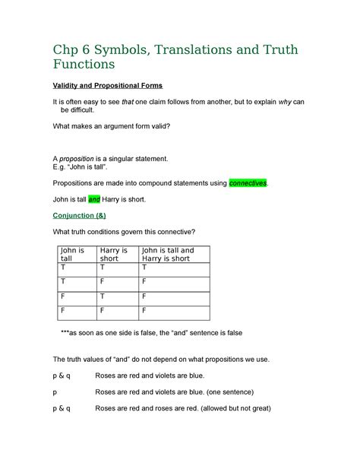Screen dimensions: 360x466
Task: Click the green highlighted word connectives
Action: [x=248, y=184]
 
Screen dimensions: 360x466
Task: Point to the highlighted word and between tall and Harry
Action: [x=95, y=199]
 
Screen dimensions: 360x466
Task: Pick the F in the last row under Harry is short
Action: [x=102, y=310]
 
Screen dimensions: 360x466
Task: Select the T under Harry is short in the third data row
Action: [x=102, y=296]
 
